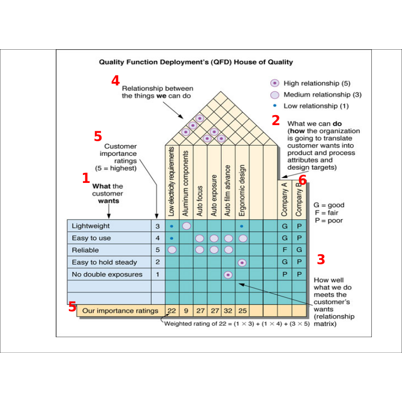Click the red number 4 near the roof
click(116, 80)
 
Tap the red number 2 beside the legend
click(275, 120)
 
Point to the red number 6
click(302, 180)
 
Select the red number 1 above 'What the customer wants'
click(86, 178)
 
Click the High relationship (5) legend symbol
click(274, 83)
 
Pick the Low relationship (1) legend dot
click(274, 106)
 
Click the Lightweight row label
click(91, 226)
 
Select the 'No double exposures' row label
click(107, 274)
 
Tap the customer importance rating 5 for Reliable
click(157, 250)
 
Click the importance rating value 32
click(228, 311)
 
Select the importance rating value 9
click(186, 311)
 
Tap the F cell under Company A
click(285, 250)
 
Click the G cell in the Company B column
click(299, 250)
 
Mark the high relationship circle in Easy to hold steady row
click(242, 262)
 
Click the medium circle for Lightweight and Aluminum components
click(186, 226)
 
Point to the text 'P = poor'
click(329, 220)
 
